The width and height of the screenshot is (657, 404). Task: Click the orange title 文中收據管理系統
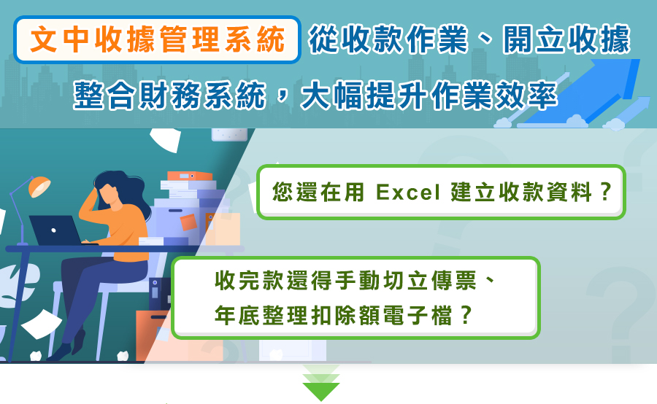point(158,40)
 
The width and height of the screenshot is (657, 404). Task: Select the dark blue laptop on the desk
point(56,230)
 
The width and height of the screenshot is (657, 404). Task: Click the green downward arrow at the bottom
point(321,383)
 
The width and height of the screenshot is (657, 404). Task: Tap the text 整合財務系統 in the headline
point(169,96)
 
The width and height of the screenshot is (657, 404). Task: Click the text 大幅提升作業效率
point(429,96)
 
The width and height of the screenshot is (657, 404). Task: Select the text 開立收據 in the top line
point(566,40)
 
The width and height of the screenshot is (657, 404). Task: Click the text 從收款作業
point(388,40)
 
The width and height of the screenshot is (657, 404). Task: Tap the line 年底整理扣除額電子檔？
point(344,315)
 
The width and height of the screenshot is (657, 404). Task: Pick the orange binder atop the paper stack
point(189,176)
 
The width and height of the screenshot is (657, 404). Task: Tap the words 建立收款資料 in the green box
point(520,193)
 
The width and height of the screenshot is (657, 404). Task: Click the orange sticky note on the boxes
point(188,222)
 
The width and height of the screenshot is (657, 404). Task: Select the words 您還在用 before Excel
point(318,193)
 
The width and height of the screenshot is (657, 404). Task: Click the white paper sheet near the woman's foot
point(42,324)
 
